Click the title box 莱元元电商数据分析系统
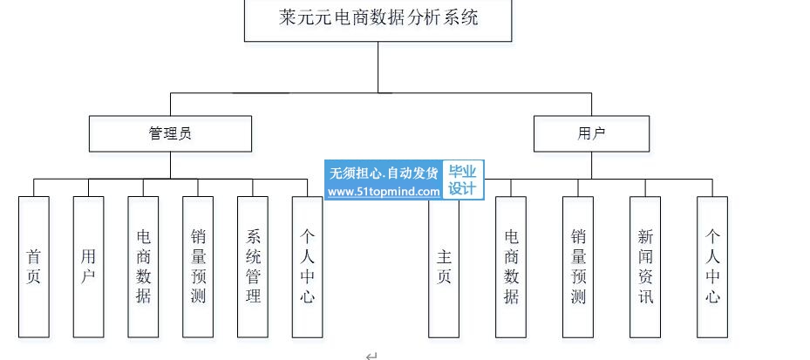point(378,19)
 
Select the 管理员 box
point(170,133)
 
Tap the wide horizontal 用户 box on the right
point(592,133)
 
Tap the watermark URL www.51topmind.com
point(385,192)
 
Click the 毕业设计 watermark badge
point(463,180)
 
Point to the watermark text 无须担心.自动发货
point(384,173)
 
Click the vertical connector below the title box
point(378,66)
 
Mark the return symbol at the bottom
point(371,355)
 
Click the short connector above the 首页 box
point(34,187)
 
